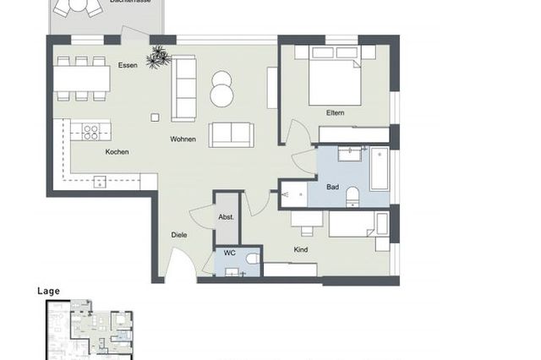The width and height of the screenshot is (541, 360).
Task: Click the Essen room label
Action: click(128, 65)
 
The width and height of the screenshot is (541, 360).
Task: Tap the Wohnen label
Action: click(183, 139)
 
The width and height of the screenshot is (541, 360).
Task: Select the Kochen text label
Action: click(117, 151)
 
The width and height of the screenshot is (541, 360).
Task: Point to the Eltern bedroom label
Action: click(336, 113)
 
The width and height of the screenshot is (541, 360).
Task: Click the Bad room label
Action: click(334, 188)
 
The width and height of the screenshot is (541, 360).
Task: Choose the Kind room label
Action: click(300, 249)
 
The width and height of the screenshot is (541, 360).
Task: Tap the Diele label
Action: click(178, 235)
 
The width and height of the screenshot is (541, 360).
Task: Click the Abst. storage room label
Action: click(227, 217)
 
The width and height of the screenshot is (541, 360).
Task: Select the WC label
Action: click(229, 253)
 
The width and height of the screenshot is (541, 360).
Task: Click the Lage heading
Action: click(48, 291)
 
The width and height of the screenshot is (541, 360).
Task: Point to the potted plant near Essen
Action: click(158, 58)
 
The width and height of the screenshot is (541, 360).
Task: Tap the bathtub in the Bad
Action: click(379, 168)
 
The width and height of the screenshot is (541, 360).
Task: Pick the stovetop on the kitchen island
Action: click(89, 130)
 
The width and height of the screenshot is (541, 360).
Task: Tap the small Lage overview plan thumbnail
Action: click(90, 330)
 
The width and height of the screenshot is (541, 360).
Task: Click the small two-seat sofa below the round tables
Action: click(231, 134)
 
